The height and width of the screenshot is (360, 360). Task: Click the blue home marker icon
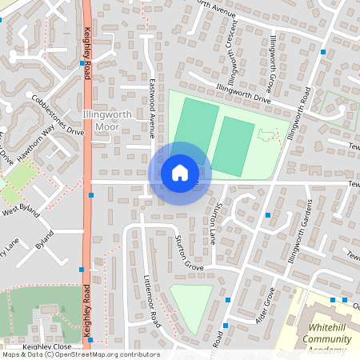pos(180,173)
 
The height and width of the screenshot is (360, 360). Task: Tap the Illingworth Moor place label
pos(101,121)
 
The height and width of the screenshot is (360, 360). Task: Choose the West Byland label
pos(21,211)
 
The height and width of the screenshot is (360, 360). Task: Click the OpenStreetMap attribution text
pos(80,354)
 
